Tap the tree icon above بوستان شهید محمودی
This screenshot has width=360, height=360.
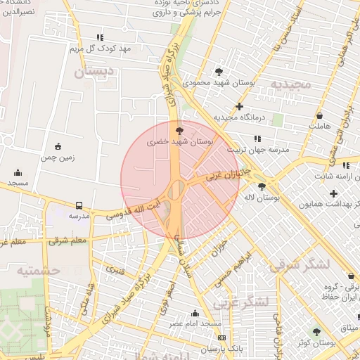219,71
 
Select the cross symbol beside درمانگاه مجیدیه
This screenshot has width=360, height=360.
240,107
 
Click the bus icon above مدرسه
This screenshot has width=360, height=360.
79,206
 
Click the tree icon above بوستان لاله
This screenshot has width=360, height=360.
262,186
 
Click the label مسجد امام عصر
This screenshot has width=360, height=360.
195,324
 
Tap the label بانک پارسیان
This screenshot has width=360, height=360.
202,349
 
